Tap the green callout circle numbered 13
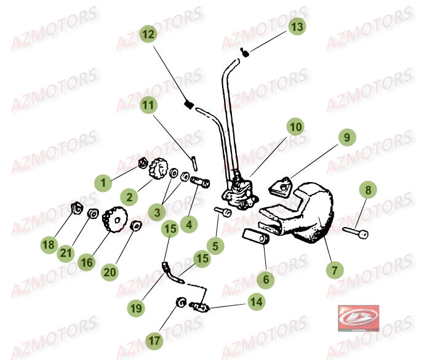[x=297, y=27]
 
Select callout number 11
[x=148, y=105]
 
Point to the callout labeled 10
[x=296, y=127]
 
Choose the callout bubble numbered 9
[x=346, y=138]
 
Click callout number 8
[x=369, y=191]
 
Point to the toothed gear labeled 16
[x=114, y=220]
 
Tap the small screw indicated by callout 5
[x=223, y=211]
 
